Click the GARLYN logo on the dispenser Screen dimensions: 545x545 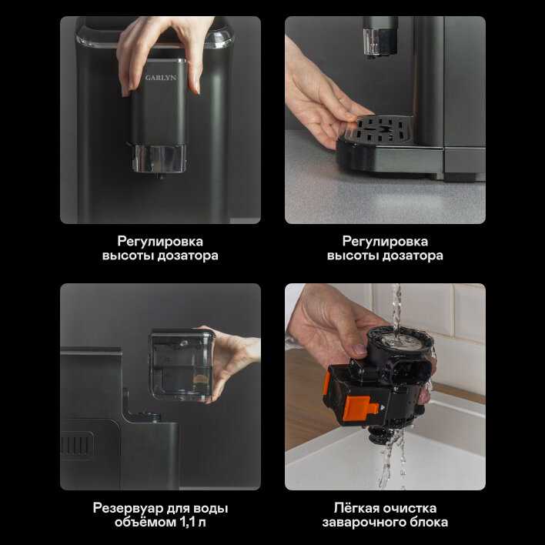tap(161, 78)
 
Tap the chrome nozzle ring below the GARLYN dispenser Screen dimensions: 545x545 tap(159, 159)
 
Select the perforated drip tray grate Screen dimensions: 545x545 tap(383, 129)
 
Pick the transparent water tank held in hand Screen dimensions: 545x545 tap(182, 364)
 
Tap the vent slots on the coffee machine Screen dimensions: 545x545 tap(77, 444)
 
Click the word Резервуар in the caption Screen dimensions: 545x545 tap(128, 508)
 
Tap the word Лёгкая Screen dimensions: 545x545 tap(356, 508)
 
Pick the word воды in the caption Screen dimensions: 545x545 tap(211, 509)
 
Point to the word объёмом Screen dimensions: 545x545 tap(145, 522)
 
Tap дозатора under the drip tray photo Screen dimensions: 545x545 tap(413, 256)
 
